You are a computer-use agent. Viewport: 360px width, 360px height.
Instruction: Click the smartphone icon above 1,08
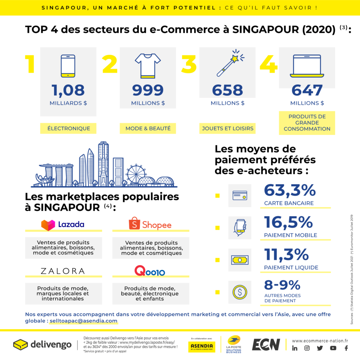pyautogui.click(x=68, y=66)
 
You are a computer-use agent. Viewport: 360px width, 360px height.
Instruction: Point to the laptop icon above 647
pyautogui.click(x=307, y=66)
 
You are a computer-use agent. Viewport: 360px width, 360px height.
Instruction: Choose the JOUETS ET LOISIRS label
pyautogui.click(x=227, y=128)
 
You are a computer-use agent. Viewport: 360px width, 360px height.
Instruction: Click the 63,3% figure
pyautogui.click(x=290, y=191)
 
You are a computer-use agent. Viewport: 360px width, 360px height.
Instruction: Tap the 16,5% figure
pyautogui.click(x=288, y=223)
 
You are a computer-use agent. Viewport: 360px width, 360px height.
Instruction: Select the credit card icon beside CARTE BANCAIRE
pyautogui.click(x=240, y=195)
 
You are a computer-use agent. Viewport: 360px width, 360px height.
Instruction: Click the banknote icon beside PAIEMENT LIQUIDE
pyautogui.click(x=240, y=260)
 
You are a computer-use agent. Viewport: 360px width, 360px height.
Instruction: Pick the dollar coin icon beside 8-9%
pyautogui.click(x=240, y=292)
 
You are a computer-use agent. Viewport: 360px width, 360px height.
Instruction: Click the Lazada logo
pyautogui.click(x=63, y=225)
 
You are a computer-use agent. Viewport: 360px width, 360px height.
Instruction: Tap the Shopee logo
pyautogui.click(x=150, y=224)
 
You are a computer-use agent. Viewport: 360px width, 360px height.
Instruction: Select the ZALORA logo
pyautogui.click(x=63, y=271)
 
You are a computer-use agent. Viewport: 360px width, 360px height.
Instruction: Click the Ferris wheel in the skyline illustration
pyautogui.click(x=136, y=174)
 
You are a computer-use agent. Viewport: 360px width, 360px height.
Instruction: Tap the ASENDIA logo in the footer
pyautogui.click(x=203, y=346)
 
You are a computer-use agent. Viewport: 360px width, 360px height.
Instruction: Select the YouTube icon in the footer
pyautogui.click(x=333, y=348)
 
